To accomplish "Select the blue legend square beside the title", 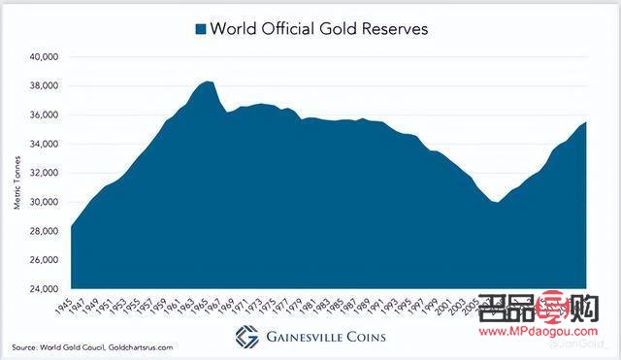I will point(201,29).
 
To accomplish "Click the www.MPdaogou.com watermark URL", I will point(554,329).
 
